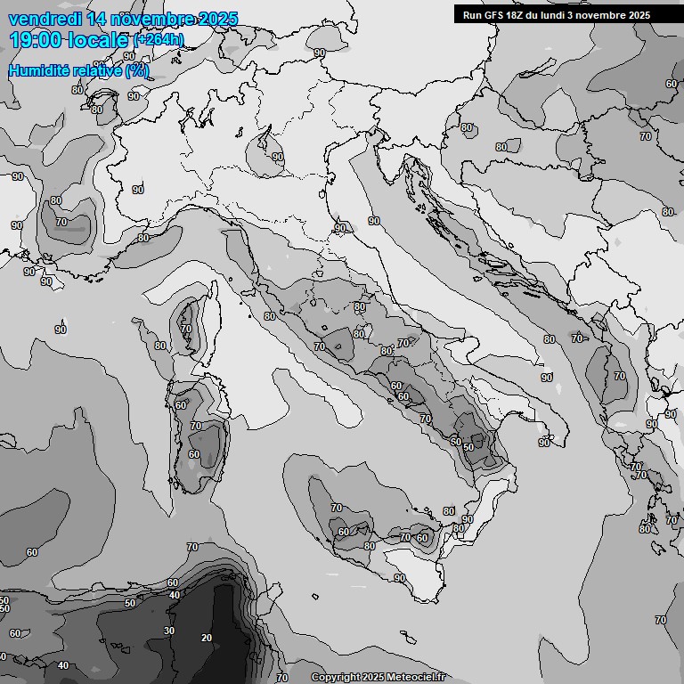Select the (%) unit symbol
(x=137, y=70)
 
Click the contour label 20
(x=207, y=638)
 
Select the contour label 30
(x=169, y=631)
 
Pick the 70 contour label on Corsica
(x=185, y=329)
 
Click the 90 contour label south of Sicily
(x=399, y=578)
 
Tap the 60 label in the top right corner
(x=671, y=84)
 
